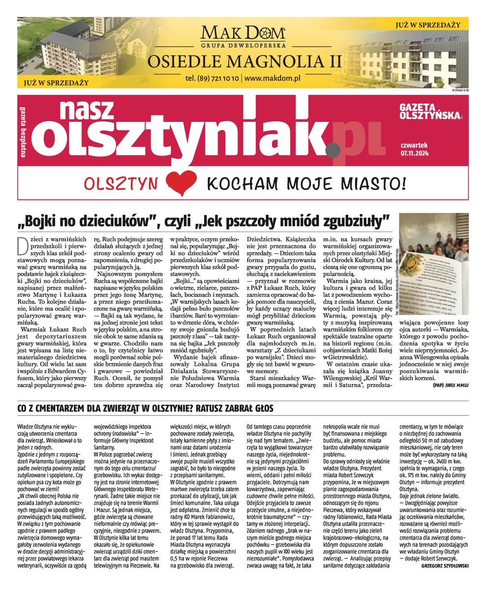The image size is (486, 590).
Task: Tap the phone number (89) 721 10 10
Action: [213, 78]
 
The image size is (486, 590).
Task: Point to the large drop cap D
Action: [22, 243]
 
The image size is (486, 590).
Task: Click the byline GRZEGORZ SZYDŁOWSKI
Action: [445, 566]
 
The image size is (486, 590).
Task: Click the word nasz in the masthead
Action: [83, 109]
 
